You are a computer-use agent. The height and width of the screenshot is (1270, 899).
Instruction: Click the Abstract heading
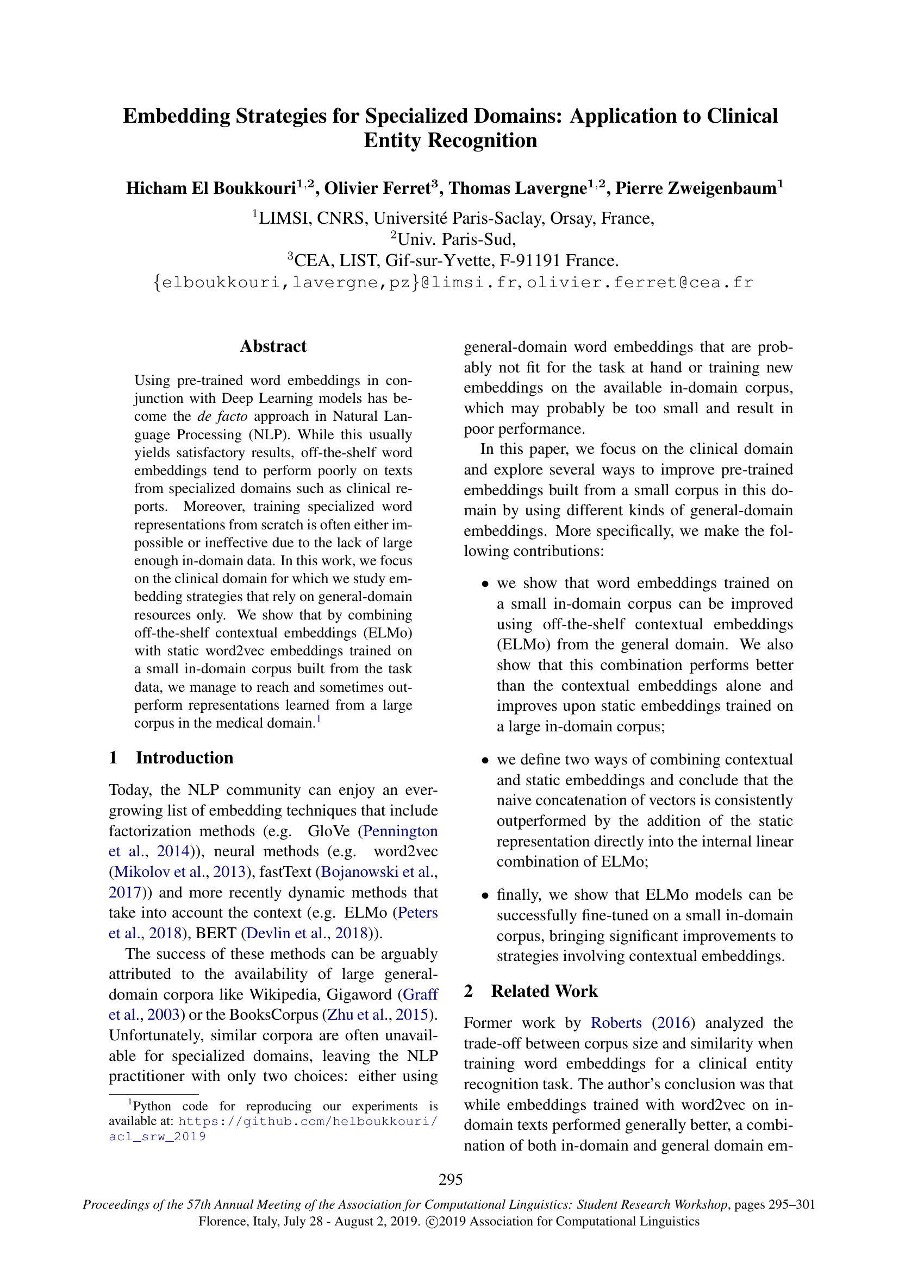pyautogui.click(x=273, y=346)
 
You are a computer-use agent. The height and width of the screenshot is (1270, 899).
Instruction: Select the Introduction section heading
pyautogui.click(x=184, y=757)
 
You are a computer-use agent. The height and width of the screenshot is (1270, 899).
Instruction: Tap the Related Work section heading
pyautogui.click(x=544, y=991)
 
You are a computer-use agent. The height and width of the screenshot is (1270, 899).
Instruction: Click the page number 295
pyautogui.click(x=451, y=1180)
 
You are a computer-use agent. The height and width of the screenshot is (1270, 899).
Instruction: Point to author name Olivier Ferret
pyautogui.click(x=377, y=188)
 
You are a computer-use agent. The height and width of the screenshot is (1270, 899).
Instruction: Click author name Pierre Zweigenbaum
pyautogui.click(x=696, y=188)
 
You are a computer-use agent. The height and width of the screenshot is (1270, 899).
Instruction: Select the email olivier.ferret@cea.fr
pyautogui.click(x=639, y=283)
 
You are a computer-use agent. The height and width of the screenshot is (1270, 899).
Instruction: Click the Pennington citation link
pyautogui.click(x=400, y=831)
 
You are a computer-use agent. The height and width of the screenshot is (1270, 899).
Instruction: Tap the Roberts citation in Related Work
pyautogui.click(x=616, y=1022)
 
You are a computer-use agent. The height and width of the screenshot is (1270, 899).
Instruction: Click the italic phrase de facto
pyautogui.click(x=222, y=416)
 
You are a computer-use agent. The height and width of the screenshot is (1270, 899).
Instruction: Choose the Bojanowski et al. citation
pyautogui.click(x=378, y=872)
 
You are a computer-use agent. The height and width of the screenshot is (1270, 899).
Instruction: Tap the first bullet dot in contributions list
pyautogui.click(x=485, y=584)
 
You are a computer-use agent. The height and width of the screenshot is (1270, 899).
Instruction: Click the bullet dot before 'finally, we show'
pyautogui.click(x=485, y=895)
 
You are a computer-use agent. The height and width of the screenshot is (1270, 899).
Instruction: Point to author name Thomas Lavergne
pyautogui.click(x=517, y=188)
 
